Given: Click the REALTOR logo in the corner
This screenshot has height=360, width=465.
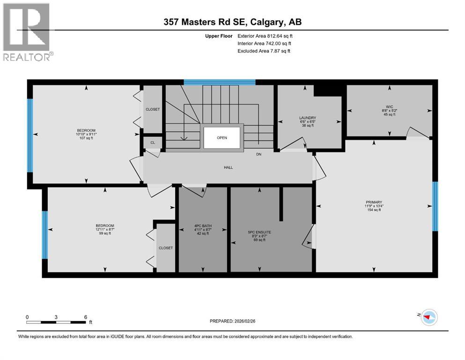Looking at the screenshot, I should click(27, 32).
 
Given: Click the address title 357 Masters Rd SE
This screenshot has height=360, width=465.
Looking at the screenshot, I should click(232, 22).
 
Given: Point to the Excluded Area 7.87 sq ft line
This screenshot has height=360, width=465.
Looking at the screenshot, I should click(264, 51).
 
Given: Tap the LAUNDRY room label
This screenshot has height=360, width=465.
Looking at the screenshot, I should click(308, 118).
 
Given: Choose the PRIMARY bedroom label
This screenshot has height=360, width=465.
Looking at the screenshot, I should click(374, 203).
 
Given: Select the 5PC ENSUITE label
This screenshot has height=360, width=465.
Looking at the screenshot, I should click(259, 232).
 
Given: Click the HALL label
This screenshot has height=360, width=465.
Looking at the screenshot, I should click(228, 167).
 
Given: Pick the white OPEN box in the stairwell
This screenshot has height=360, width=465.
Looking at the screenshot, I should click(221, 138).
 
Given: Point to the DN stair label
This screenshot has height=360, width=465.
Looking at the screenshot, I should click(258, 154).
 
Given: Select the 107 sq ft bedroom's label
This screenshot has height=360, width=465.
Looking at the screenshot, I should click(86, 130).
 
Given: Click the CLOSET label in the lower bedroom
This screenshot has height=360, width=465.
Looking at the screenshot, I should click(165, 247).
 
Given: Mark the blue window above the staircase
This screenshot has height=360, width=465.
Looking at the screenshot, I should click(219, 82).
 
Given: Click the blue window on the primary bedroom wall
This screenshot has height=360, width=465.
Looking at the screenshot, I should click(435, 206).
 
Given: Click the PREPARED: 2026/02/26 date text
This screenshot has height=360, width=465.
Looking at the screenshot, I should click(233, 321).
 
